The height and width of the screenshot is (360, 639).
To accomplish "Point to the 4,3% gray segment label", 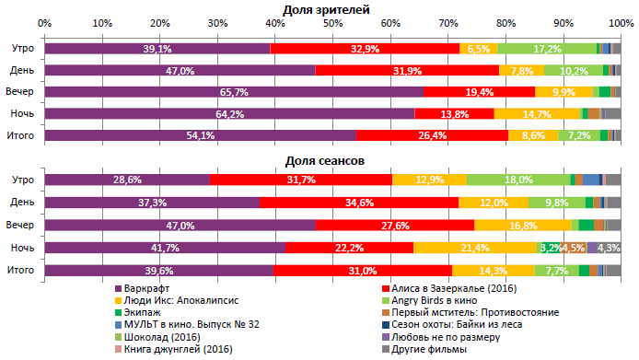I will pyautogui.click(x=609, y=248).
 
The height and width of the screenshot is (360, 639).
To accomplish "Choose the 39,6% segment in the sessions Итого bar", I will pyautogui.click(x=159, y=270).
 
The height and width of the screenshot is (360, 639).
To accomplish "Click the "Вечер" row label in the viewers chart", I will pyautogui.click(x=22, y=92).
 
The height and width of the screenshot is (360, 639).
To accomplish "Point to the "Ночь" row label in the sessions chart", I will pyautogui.click(x=22, y=248).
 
